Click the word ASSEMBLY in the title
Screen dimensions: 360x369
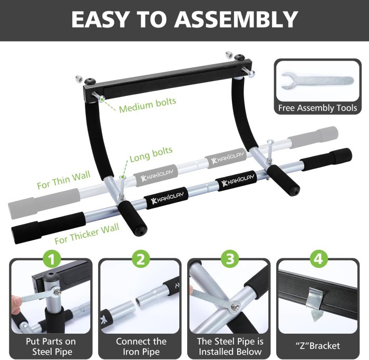point(237,20)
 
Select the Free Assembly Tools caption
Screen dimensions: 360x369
point(317,108)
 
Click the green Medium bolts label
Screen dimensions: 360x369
point(147,105)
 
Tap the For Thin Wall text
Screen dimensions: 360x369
point(64,180)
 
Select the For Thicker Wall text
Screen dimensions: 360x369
point(87,232)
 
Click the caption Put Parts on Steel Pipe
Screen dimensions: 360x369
point(51,346)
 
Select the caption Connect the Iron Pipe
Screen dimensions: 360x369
point(140,346)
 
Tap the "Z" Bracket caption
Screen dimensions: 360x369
point(318,346)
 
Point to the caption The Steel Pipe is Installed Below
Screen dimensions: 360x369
point(229,346)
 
